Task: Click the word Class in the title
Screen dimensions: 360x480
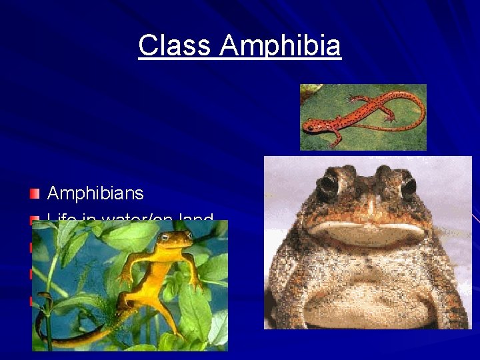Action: (x=175, y=46)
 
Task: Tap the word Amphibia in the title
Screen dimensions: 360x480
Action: (x=280, y=46)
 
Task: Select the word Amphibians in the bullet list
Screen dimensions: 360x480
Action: (x=95, y=193)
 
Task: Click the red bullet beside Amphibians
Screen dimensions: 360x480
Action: (x=35, y=193)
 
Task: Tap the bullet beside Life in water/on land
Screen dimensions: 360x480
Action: (x=35, y=219)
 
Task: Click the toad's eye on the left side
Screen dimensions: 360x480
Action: (x=327, y=185)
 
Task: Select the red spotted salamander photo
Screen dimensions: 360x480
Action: (x=363, y=117)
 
